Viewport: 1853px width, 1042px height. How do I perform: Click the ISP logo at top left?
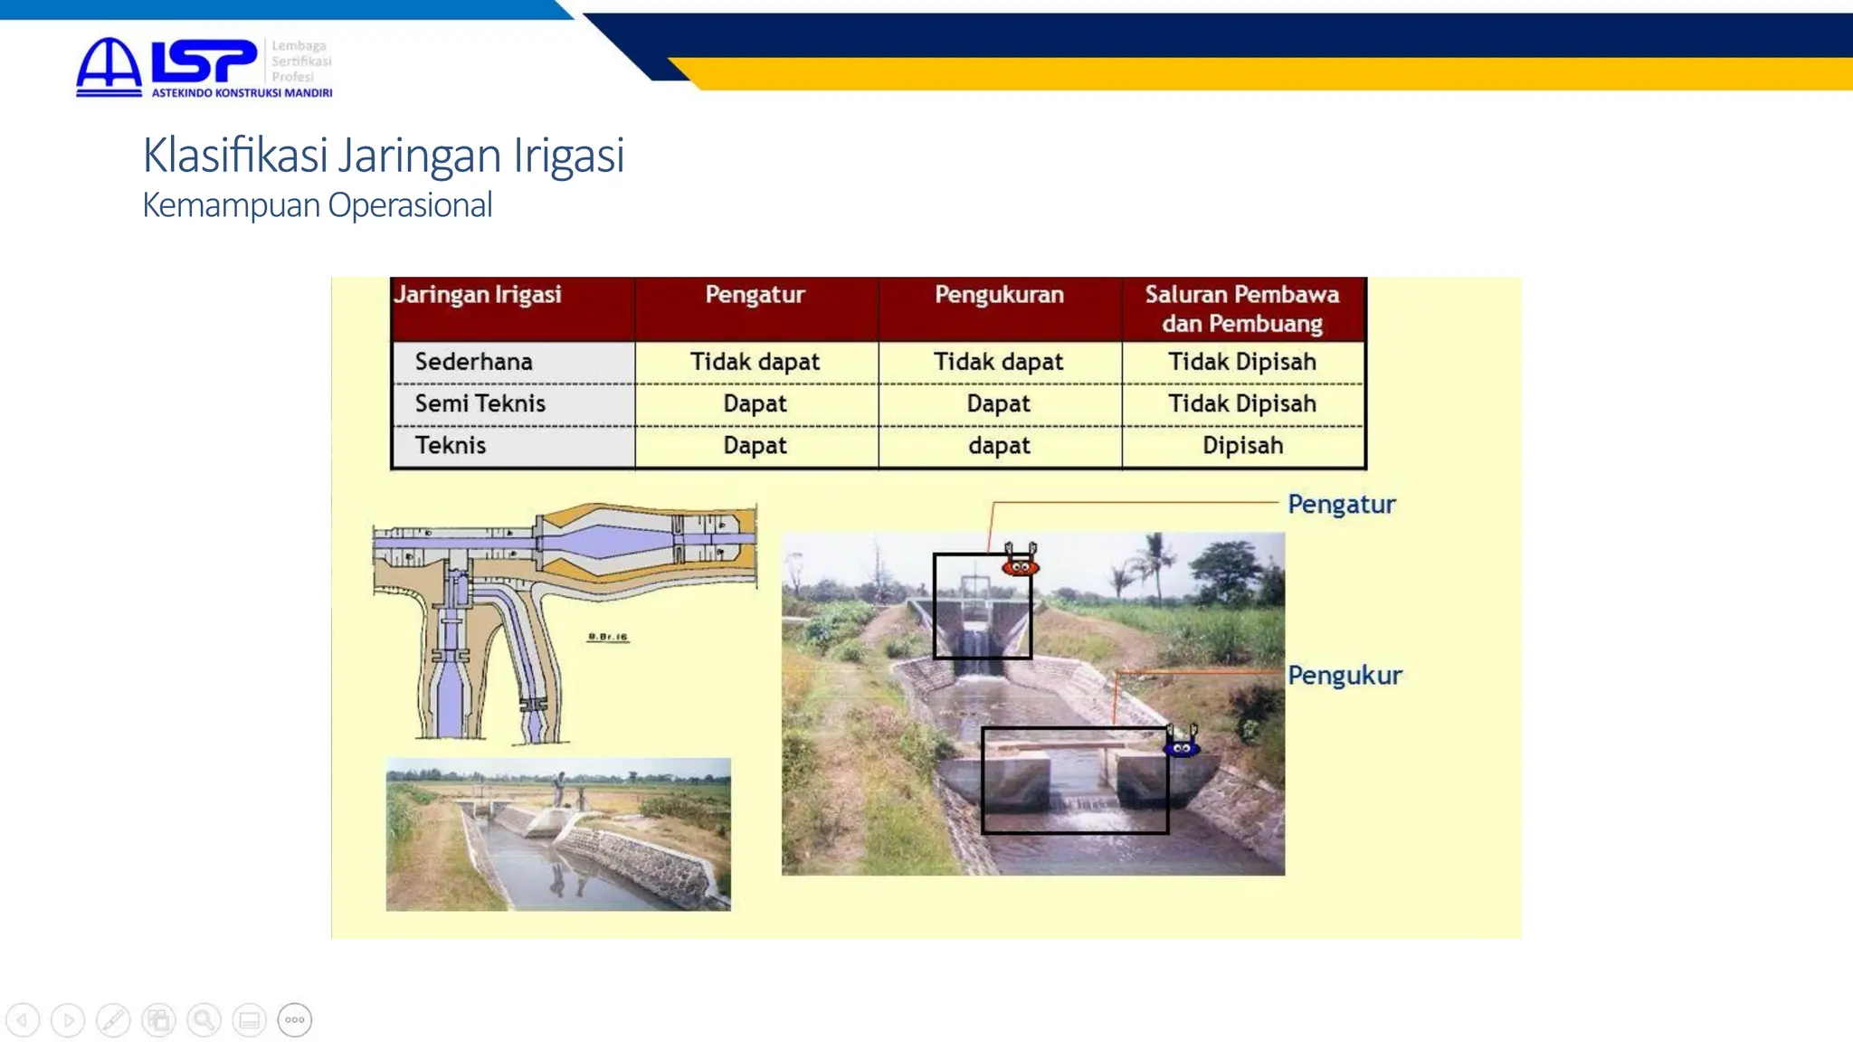click(x=203, y=66)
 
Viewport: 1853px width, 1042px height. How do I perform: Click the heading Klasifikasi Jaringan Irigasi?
click(x=383, y=155)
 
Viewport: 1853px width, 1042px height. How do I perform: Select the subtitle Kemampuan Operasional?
click(x=317, y=205)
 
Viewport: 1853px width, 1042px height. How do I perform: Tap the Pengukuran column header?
click(x=999, y=295)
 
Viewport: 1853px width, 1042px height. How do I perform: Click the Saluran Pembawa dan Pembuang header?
click(x=1242, y=308)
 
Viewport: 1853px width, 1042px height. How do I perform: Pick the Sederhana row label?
click(x=473, y=362)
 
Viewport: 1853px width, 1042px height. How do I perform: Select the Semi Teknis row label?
click(x=480, y=403)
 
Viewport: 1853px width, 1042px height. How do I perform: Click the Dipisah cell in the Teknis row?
click(x=1242, y=445)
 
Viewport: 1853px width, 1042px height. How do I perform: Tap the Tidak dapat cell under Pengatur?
click(x=755, y=362)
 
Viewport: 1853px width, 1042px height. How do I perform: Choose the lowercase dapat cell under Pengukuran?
click(x=999, y=445)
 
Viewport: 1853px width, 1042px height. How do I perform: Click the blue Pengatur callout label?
click(x=1341, y=504)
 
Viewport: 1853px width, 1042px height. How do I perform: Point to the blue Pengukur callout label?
click(x=1345, y=675)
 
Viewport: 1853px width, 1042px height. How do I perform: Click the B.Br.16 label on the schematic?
click(x=607, y=637)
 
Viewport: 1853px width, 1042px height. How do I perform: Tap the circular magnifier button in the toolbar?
click(x=204, y=1020)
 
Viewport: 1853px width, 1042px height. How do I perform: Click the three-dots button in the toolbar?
click(x=294, y=1020)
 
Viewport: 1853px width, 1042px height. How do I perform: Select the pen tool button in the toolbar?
click(x=113, y=1020)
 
